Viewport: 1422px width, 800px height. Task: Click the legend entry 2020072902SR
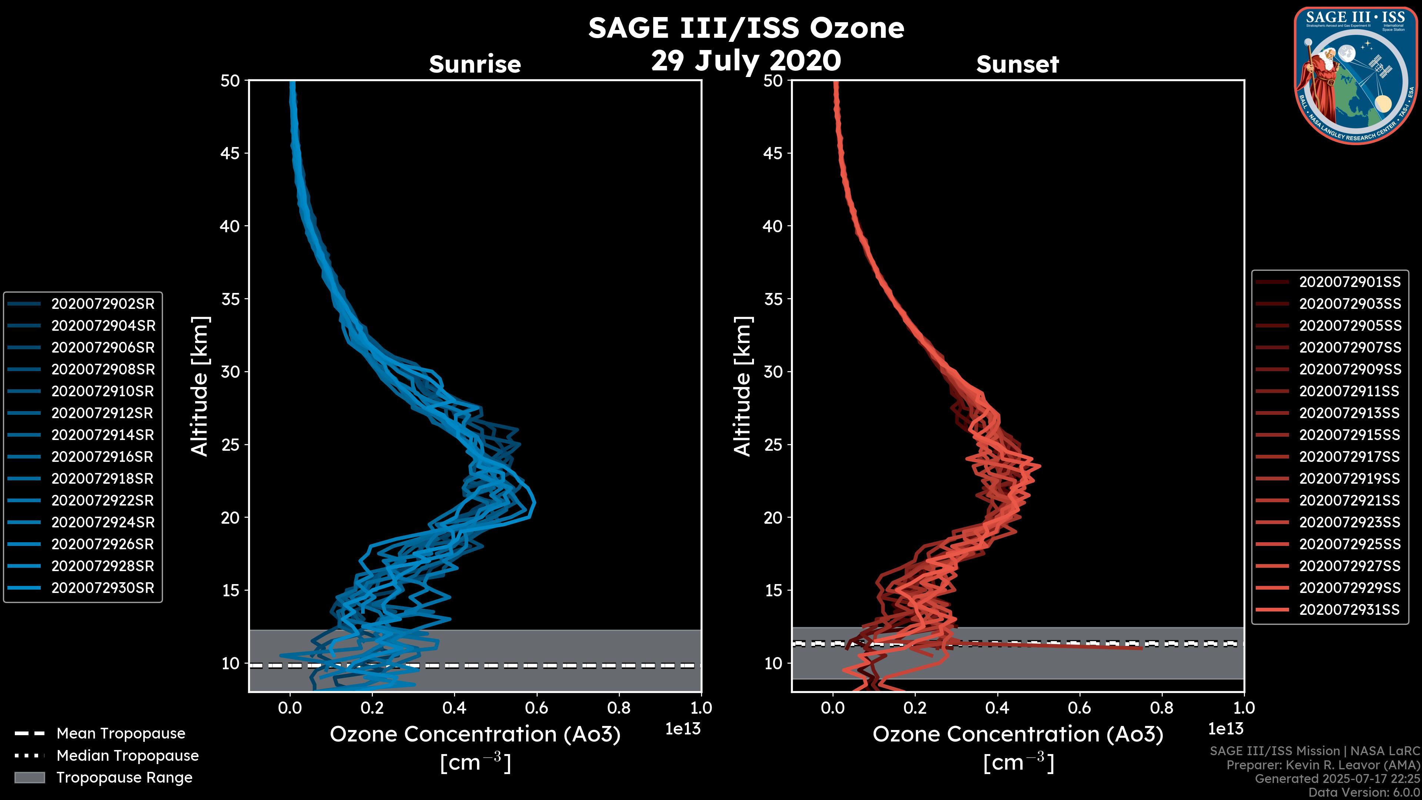103,304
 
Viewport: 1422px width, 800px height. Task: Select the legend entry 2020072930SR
103,588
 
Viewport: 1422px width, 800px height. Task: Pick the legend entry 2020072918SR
103,479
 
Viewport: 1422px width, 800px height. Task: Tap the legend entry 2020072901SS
1349,282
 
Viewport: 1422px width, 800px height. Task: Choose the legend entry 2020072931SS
1349,610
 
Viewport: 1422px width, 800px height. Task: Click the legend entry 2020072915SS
1349,435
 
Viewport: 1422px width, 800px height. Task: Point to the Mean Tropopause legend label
120,734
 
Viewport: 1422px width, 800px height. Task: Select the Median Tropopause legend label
127,756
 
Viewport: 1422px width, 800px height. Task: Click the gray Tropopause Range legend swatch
29,777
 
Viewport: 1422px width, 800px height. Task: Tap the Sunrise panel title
475,64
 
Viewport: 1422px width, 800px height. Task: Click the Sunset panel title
1017,64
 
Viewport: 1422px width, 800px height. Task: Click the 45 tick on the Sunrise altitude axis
230,153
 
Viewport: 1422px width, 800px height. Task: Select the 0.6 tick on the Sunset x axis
1079,708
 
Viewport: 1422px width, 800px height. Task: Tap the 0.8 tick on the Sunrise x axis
619,708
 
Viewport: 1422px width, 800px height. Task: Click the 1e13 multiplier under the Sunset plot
1225,729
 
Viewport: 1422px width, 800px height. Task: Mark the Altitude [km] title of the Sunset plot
742,386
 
